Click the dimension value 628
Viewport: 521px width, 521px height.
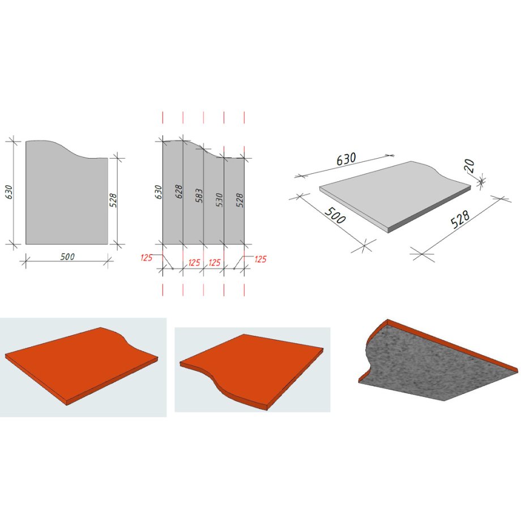click(179, 192)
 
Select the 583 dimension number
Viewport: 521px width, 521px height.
click(199, 196)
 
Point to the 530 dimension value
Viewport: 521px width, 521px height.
click(219, 200)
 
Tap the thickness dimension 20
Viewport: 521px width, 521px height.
click(470, 166)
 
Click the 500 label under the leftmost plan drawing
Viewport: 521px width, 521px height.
click(67, 257)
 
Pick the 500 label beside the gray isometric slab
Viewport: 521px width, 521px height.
click(335, 215)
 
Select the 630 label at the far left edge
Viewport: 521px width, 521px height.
click(8, 192)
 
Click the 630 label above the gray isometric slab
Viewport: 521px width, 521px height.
click(346, 159)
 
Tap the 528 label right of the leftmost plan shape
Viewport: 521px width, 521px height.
click(113, 200)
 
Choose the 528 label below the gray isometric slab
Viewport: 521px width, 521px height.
click(460, 219)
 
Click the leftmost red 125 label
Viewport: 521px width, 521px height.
click(146, 258)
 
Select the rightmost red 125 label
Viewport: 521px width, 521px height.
click(260, 259)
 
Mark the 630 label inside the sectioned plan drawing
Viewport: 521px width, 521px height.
click(159, 192)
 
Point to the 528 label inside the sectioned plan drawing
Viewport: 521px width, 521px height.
click(240, 200)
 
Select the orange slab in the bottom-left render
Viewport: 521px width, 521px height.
click(82, 364)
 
